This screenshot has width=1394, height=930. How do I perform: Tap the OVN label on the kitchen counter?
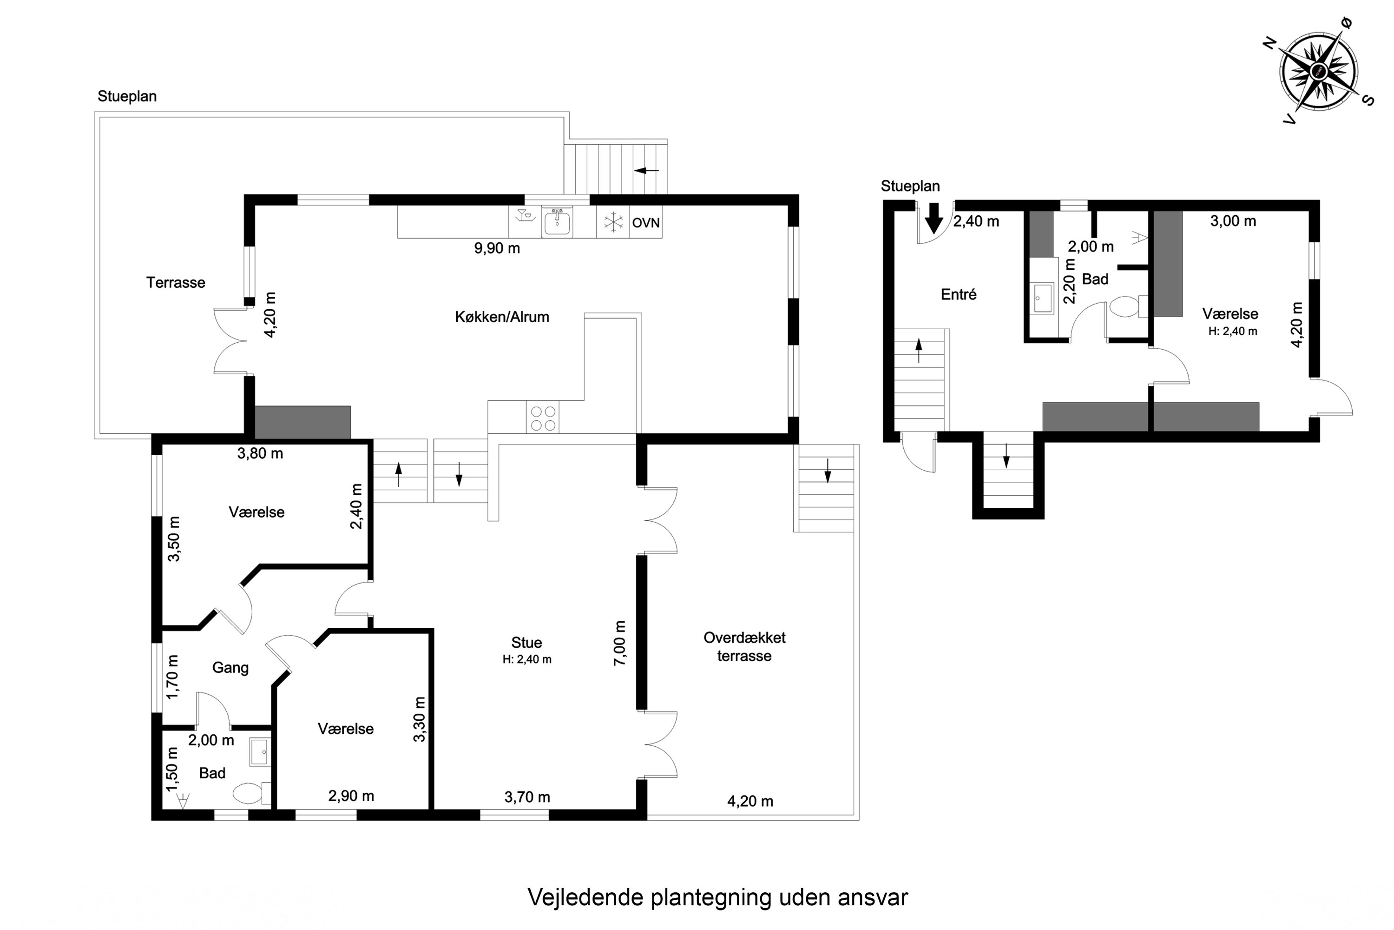pos(645,223)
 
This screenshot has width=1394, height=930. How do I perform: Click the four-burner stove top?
pos(543,418)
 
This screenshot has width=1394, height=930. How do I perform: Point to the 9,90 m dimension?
pos(497,248)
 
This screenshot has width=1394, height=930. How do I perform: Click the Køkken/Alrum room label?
pos(501,317)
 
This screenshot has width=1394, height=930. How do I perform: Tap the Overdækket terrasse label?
pos(744,646)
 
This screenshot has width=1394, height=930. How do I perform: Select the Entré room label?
pos(958,294)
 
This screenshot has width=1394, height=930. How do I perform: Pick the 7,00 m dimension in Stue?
pos(619,643)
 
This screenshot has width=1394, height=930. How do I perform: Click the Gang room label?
pos(230,667)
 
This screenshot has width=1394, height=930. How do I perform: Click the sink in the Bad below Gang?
pos(259,752)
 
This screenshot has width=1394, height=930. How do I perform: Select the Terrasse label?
pos(176,282)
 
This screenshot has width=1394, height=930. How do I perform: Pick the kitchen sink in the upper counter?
pos(557,222)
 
